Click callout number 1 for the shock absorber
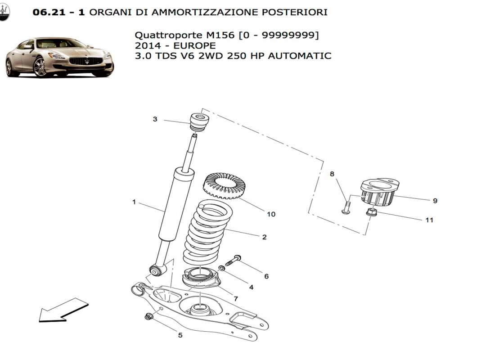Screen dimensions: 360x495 [x=134, y=202]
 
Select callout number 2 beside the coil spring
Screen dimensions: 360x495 [x=264, y=237]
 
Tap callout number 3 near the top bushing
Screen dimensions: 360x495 [x=155, y=119]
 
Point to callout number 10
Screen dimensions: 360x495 [x=271, y=214]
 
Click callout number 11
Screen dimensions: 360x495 [x=429, y=220]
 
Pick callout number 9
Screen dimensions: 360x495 [x=435, y=201]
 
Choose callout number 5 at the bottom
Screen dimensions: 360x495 [x=180, y=335]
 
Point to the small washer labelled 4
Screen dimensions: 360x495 [x=222, y=269]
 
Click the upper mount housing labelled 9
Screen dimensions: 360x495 [x=379, y=192]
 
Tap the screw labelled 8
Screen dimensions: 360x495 [x=345, y=207]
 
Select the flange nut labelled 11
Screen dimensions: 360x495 [x=371, y=212]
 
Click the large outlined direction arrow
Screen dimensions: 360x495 [x=63, y=310]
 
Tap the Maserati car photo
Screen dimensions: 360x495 [x=59, y=57]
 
